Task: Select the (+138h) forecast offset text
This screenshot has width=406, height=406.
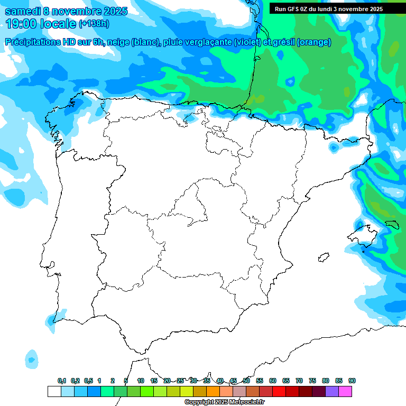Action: [95, 24]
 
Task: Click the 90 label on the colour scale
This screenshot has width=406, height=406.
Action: [352, 381]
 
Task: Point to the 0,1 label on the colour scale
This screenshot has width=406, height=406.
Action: [62, 381]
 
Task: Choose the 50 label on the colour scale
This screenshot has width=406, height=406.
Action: [246, 381]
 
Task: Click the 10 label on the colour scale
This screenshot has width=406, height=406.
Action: [141, 381]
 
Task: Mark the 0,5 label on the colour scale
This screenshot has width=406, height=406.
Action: [88, 381]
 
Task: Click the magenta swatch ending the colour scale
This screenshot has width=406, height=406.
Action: [345, 391]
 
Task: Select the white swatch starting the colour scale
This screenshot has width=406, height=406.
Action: [54, 391]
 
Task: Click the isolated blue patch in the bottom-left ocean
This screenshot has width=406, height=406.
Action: [32, 359]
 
